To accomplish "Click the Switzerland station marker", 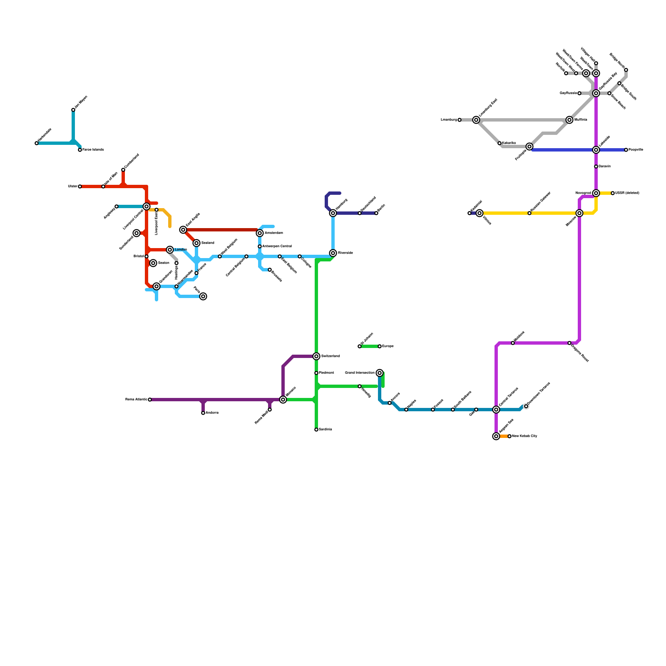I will (x=316, y=356).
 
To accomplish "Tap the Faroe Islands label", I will (x=93, y=150).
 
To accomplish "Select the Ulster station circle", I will (x=80, y=186).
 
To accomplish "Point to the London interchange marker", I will (x=170, y=250).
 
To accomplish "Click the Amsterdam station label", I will (x=273, y=233).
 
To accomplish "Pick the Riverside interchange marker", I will (x=333, y=253).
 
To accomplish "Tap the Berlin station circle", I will (x=376, y=213).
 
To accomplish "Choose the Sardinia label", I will (x=326, y=430).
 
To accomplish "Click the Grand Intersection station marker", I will (x=380, y=373).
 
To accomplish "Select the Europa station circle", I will (x=380, y=346).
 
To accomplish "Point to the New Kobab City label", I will (x=524, y=436).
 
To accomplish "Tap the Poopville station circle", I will (x=626, y=150).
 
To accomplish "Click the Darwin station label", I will (x=605, y=166).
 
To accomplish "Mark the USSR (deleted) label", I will (x=627, y=193).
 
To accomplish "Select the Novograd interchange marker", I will (x=596, y=193).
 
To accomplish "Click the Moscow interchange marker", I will (x=579, y=213).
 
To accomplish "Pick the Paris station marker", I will (x=203, y=296).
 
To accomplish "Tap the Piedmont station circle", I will (x=316, y=373).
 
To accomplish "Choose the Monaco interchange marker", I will (x=283, y=400).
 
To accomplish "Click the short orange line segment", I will (x=504, y=436).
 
